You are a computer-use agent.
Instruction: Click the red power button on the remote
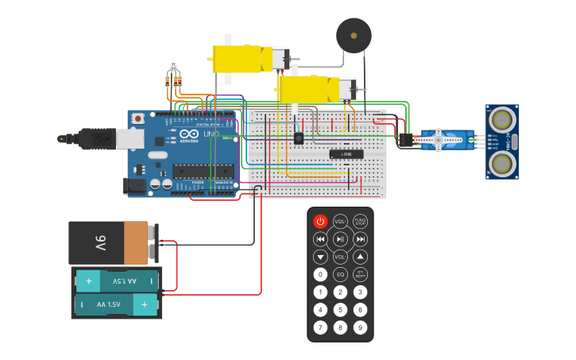click(x=320, y=221)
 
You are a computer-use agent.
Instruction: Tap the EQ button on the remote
click(x=340, y=274)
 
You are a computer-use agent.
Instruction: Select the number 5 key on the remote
click(x=340, y=310)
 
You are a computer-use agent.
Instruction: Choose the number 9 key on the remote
click(x=360, y=327)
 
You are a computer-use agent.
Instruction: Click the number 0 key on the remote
click(x=320, y=274)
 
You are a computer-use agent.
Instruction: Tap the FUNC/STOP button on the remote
click(x=360, y=221)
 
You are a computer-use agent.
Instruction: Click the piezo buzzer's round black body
click(x=354, y=36)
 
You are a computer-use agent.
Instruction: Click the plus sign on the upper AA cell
click(x=88, y=281)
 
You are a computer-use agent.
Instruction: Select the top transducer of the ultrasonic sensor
click(x=501, y=120)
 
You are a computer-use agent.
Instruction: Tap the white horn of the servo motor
click(x=438, y=140)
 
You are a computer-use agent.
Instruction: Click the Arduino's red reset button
click(x=139, y=118)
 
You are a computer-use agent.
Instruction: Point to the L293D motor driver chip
click(x=346, y=153)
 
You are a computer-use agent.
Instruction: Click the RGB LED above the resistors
click(x=173, y=64)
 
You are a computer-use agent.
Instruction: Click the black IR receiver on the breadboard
click(x=299, y=137)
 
